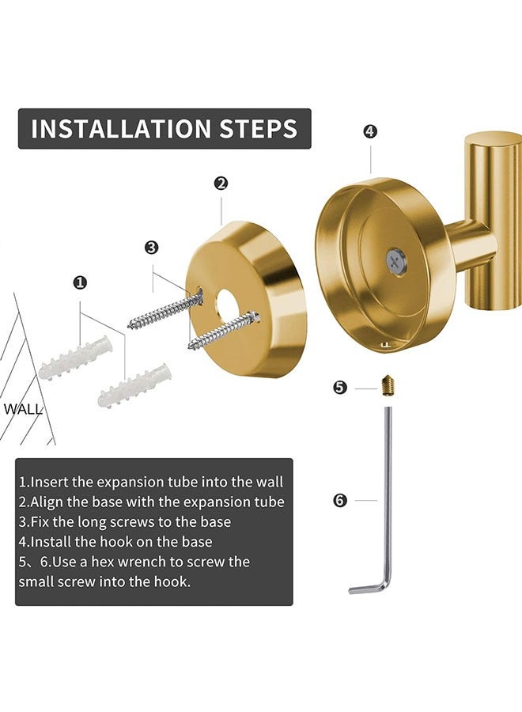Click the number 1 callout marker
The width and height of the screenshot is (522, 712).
(x=80, y=283)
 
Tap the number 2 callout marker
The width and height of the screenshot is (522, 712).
(x=221, y=184)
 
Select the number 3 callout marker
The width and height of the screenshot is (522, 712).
(x=152, y=248)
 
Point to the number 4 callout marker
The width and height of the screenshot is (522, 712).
(x=370, y=131)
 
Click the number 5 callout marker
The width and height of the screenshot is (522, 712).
(x=340, y=388)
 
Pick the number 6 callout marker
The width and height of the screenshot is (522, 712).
(x=340, y=501)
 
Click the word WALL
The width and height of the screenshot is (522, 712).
(x=23, y=409)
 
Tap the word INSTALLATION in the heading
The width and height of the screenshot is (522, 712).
(x=121, y=128)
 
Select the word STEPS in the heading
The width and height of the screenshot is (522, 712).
(x=259, y=128)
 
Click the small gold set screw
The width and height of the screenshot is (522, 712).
(x=387, y=386)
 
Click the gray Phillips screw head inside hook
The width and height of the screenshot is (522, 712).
(x=394, y=260)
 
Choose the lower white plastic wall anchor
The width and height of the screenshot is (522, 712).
(x=134, y=385)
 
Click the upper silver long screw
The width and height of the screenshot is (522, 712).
(x=165, y=309)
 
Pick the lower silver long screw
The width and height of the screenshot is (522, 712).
(x=225, y=330)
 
